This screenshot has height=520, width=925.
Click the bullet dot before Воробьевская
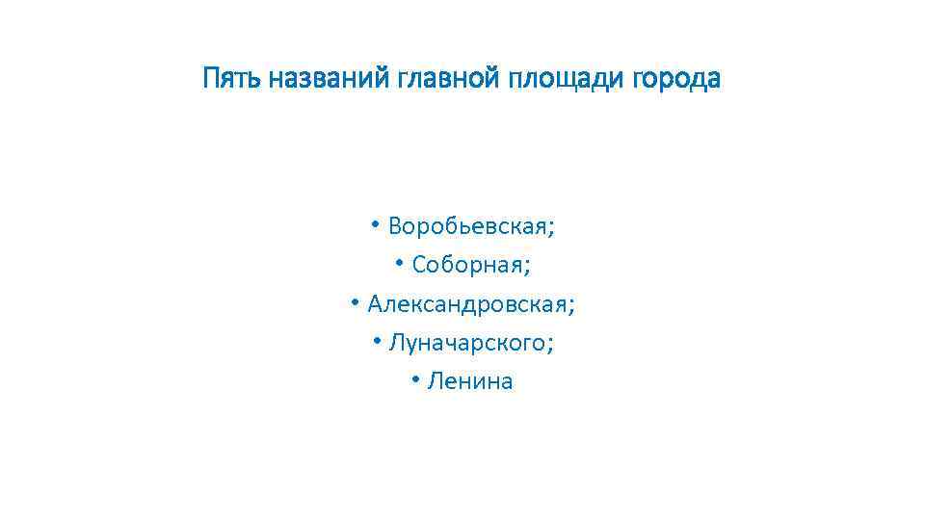(375, 224)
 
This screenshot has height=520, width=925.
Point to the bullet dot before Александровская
(355, 302)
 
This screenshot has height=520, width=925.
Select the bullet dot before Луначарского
(376, 341)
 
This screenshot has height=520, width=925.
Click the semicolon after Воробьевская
(552, 229)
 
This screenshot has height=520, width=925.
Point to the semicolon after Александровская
(572, 307)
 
